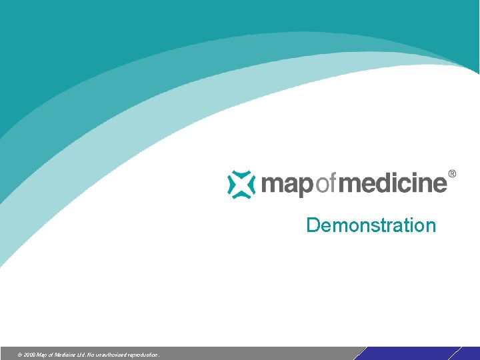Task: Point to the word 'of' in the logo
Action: pos(323,183)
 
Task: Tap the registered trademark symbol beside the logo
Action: pos(453,174)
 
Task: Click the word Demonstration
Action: pos(371,225)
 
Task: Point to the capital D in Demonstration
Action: pos(312,225)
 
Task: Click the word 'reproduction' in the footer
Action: pos(143,355)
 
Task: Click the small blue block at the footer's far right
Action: pos(470,353)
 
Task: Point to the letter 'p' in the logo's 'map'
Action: pos(303,186)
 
